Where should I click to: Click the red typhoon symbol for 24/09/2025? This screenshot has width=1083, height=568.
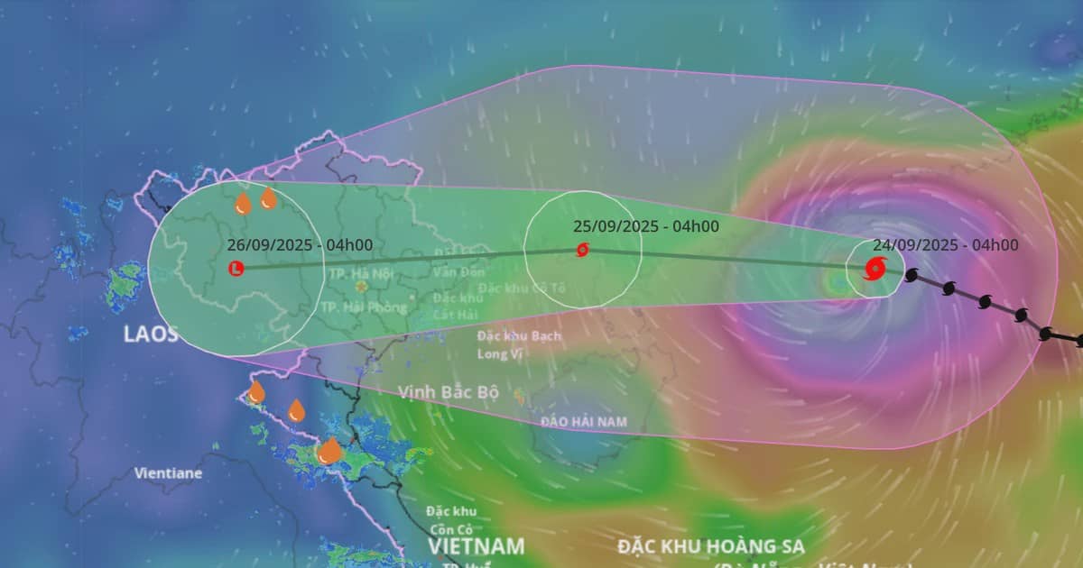click(x=875, y=267)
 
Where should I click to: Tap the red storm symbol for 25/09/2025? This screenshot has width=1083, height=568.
click(x=582, y=250)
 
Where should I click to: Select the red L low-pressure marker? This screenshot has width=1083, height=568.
click(x=236, y=268)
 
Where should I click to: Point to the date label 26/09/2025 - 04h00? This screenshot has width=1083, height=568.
click(x=300, y=245)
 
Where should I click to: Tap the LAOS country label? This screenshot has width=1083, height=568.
click(x=151, y=334)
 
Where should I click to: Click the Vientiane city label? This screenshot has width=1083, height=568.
click(x=169, y=472)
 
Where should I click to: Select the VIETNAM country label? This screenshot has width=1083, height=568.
click(x=476, y=546)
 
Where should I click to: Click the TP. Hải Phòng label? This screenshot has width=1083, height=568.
click(x=364, y=307)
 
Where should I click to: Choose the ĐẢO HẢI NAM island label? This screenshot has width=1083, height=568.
click(x=583, y=422)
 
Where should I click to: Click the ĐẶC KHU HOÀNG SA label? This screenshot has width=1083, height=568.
click(x=710, y=546)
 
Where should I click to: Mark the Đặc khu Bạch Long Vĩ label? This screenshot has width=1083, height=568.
click(x=519, y=344)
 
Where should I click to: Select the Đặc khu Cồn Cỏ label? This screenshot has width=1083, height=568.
click(x=452, y=519)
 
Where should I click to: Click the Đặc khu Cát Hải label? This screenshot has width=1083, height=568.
click(x=458, y=306)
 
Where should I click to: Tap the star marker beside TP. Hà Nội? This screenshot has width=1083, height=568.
click(x=362, y=288)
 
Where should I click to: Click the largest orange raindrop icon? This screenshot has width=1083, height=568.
click(x=329, y=450)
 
